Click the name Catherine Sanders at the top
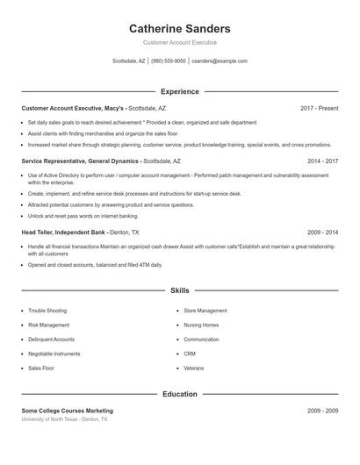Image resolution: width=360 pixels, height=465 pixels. (x=179, y=28)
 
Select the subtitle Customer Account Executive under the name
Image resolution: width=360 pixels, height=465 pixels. (x=179, y=42)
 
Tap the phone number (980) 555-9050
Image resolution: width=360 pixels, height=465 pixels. (x=168, y=61)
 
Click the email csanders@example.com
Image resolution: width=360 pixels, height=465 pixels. (x=219, y=61)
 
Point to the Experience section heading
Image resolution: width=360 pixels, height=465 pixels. (x=179, y=91)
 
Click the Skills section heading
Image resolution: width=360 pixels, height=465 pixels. (x=179, y=290)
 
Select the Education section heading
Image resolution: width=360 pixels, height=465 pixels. (x=179, y=394)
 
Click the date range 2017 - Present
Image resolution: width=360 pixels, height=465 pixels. (x=319, y=108)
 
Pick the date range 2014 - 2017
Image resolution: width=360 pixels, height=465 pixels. (x=322, y=161)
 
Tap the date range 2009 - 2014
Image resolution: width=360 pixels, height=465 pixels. (x=322, y=232)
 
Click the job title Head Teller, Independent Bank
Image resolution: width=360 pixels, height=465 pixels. (x=64, y=232)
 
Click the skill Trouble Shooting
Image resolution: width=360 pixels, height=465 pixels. (x=47, y=311)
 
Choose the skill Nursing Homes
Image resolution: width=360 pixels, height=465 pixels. (x=201, y=325)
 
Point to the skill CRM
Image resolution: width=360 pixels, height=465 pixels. (x=190, y=354)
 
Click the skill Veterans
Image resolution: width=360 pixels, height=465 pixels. (x=193, y=368)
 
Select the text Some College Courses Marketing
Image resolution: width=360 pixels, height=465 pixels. (x=68, y=411)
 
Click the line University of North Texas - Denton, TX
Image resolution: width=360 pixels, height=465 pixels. (x=65, y=419)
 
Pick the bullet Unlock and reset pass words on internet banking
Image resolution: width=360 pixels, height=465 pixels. (x=83, y=216)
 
